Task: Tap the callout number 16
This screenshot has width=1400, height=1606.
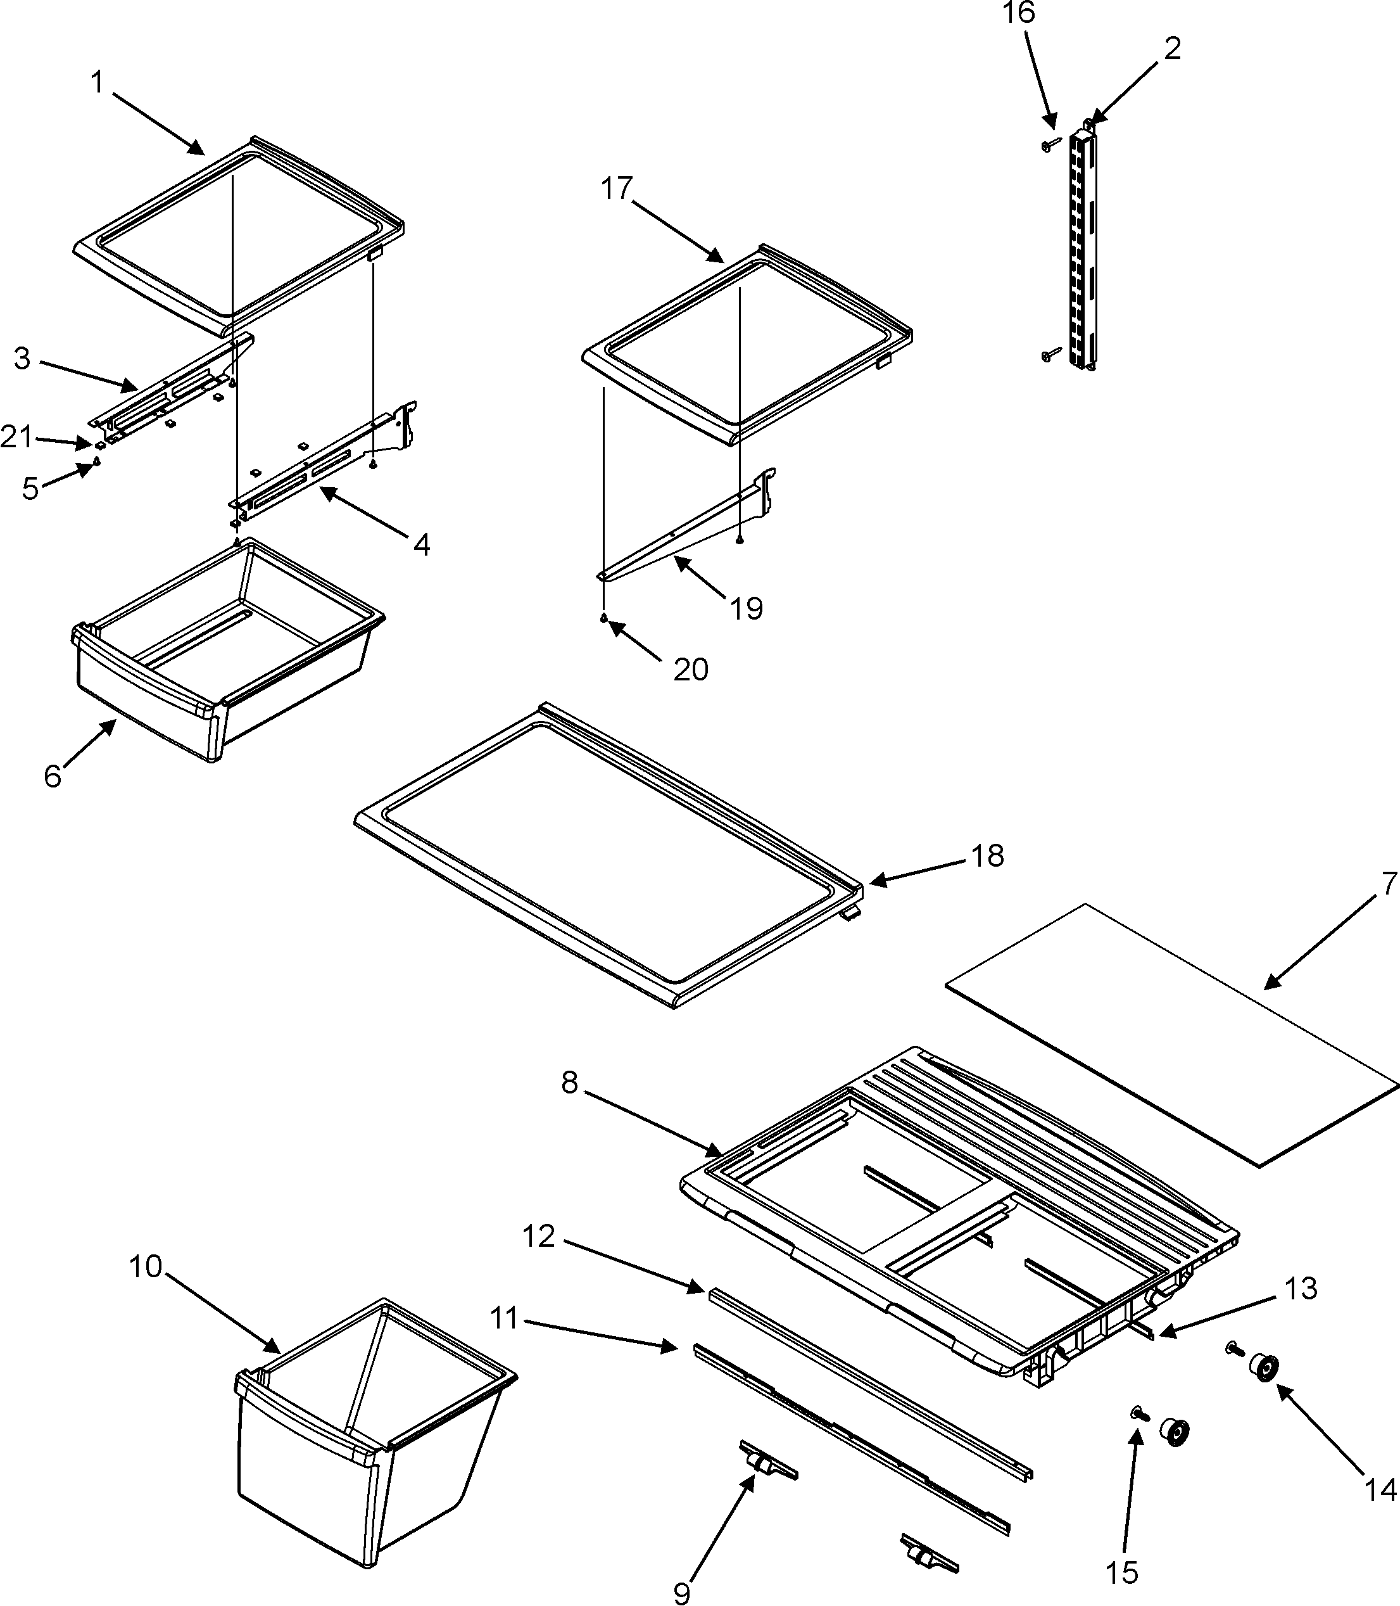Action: pos(1019,13)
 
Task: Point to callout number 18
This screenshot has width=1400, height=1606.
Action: pos(988,857)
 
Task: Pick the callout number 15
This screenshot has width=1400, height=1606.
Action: pos(1122,1572)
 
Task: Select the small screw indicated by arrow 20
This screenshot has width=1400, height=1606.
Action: pos(604,619)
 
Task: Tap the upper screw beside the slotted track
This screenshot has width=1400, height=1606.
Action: pos(1049,144)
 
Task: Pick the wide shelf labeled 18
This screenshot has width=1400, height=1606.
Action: pos(609,856)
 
